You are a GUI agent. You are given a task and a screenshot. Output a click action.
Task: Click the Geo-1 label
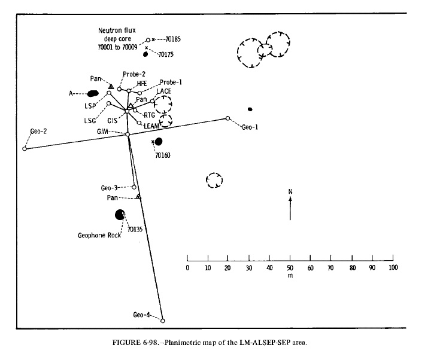coord(250,127)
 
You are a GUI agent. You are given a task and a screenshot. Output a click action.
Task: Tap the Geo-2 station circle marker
coord(25,148)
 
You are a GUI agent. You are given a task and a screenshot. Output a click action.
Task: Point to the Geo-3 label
coord(110,188)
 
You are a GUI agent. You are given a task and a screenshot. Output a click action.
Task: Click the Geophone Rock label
coord(99,235)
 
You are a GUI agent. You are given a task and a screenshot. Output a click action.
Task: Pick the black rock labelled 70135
coord(120,215)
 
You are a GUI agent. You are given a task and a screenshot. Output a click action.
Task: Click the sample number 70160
coord(163,155)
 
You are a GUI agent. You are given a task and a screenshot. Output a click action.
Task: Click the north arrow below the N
coord(290,210)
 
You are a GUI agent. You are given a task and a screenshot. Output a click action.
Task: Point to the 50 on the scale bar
coord(290,267)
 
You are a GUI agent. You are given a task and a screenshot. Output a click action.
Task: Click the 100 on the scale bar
coord(393,267)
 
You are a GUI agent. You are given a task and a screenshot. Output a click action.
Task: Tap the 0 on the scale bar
coord(187,267)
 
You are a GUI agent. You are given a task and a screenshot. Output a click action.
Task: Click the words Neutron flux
coord(117,29)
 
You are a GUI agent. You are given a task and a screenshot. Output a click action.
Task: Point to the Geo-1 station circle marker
coord(227,118)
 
